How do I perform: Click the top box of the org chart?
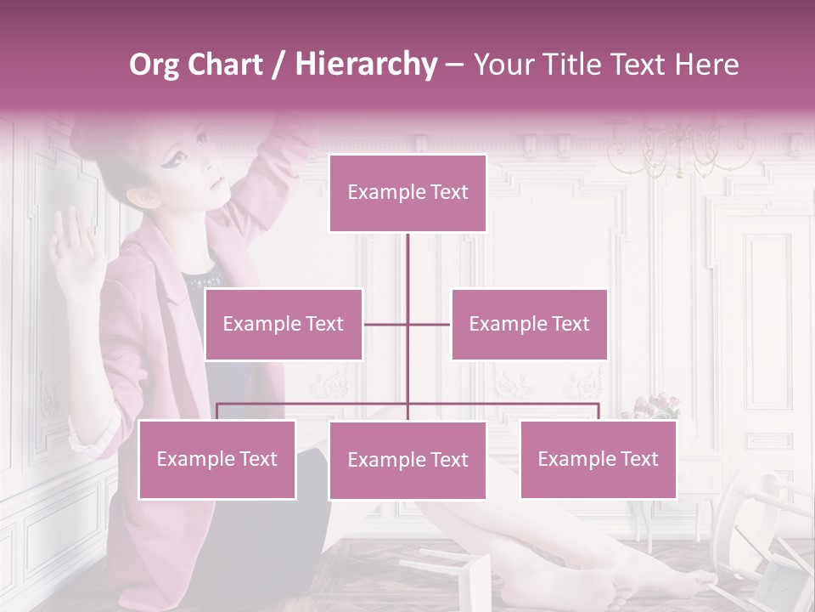407,193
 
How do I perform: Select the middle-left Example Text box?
284,324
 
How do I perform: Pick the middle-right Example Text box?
529,324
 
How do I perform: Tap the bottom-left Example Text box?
217,459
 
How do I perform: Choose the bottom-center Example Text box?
407,460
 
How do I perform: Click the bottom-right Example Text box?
598,459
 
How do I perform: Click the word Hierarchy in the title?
366,64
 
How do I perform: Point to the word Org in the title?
154,65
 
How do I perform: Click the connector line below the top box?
407,272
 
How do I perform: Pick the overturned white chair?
756,535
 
